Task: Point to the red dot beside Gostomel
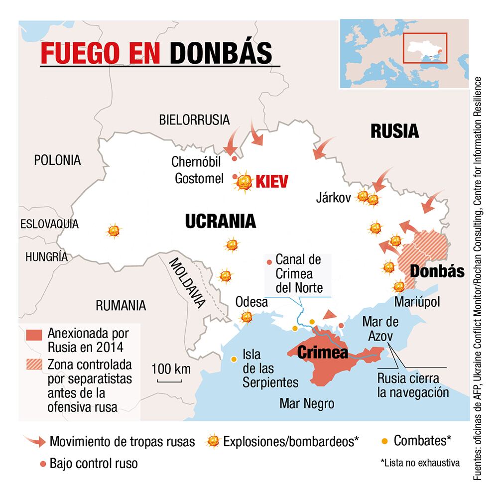[x=235, y=177]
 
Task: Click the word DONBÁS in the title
[x=221, y=53]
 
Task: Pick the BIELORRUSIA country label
[x=194, y=120]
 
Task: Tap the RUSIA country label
[x=394, y=131]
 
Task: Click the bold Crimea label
[x=322, y=353]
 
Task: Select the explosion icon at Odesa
[x=246, y=317]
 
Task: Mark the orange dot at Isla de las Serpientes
[x=234, y=359]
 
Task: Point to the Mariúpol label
[x=417, y=302]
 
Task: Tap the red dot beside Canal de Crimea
[x=269, y=262]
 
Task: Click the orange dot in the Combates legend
[x=385, y=441]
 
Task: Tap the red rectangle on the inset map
[x=425, y=48]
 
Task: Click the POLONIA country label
[x=57, y=160]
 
